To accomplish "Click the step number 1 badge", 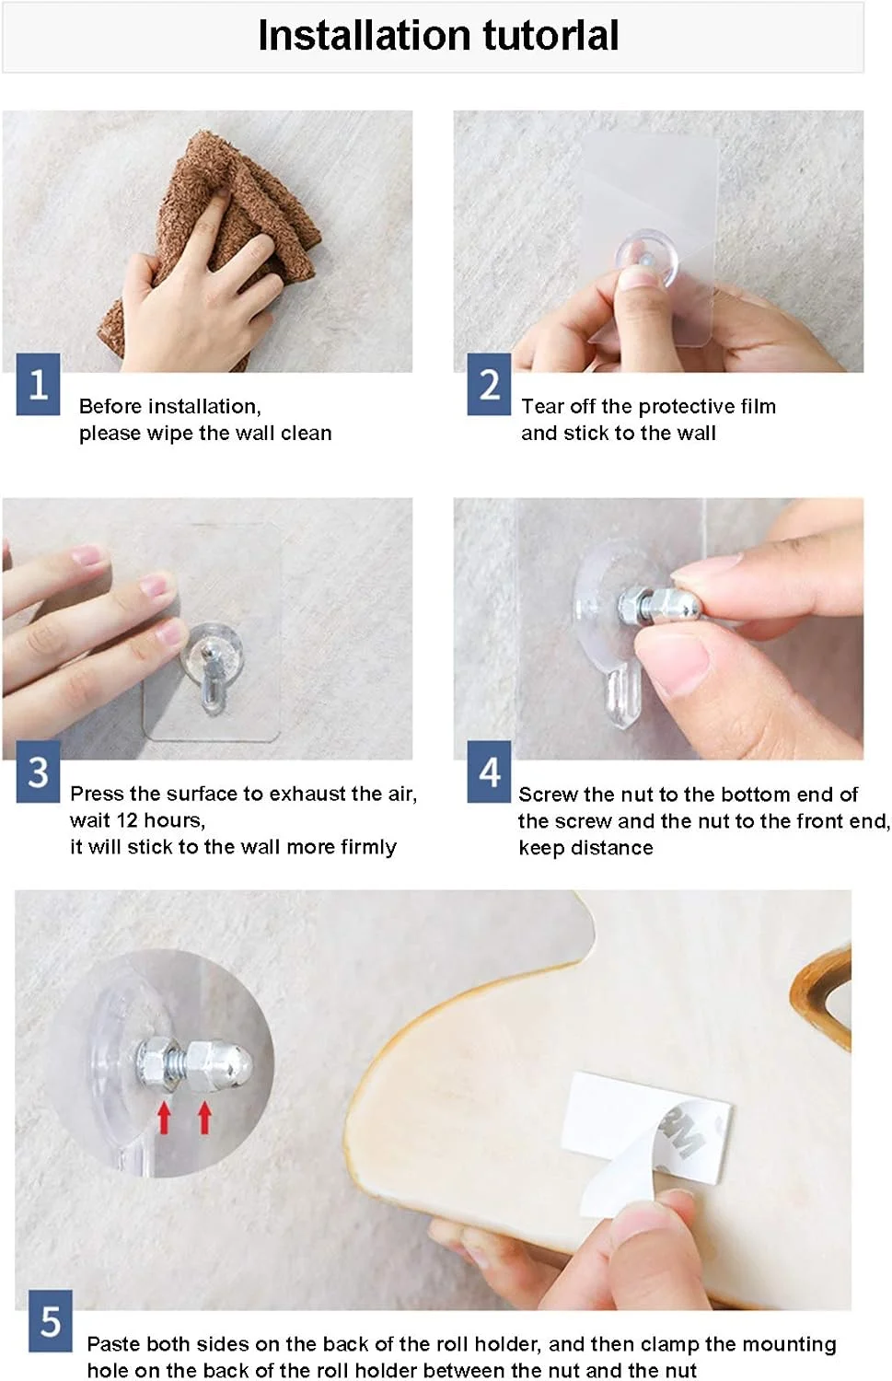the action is pos(38,384).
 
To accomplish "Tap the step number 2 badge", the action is pos(489,384).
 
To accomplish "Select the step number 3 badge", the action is pos(38,772).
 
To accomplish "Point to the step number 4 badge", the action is pos(489,772).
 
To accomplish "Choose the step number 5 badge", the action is pos(50,1321).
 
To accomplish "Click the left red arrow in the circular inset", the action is pos(164,1118).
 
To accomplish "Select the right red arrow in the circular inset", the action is pos(204,1118).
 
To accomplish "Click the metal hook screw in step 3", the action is pos(212,675).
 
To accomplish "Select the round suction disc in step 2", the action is pos(646,259).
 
